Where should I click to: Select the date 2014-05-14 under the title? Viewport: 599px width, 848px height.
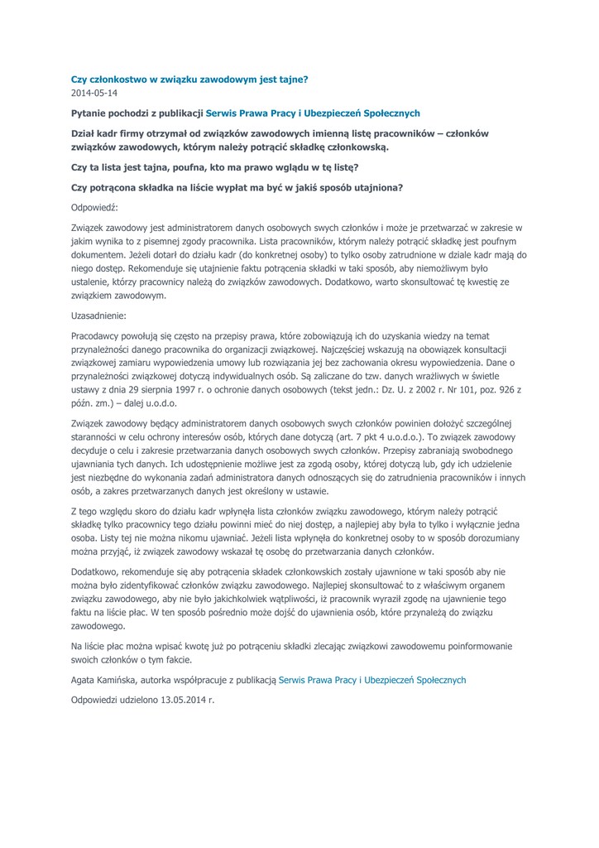coord(94,93)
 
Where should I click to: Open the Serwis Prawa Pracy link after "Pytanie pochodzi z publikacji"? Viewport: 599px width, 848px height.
coord(313,113)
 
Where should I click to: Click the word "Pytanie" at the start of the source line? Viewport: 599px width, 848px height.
coord(89,113)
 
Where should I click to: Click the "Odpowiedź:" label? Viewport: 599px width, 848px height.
coord(95,207)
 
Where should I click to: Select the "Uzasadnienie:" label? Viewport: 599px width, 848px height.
coord(99,316)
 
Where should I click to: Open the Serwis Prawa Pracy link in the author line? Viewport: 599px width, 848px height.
coord(372,680)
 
